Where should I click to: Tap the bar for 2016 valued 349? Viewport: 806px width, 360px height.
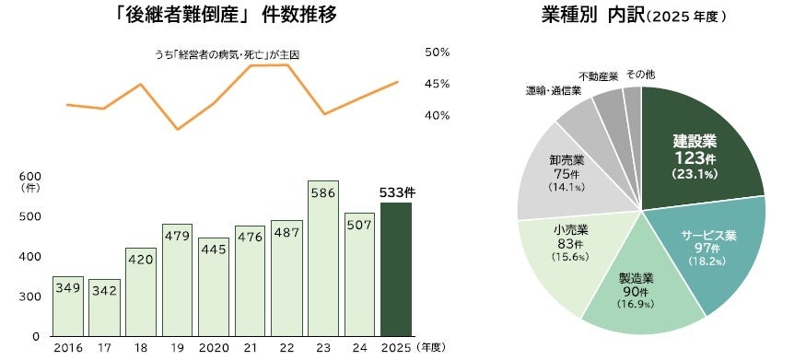point(67,306)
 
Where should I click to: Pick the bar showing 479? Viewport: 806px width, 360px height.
point(177,280)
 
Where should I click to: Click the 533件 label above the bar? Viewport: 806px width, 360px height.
point(397,192)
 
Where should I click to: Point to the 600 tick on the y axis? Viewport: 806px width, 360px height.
point(29,176)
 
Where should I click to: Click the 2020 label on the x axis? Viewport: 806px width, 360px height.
point(213,348)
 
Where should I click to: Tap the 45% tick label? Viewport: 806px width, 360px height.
point(438,84)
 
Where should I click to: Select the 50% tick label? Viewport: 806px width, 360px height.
point(438,52)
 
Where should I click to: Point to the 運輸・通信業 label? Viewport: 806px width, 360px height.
point(553,90)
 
